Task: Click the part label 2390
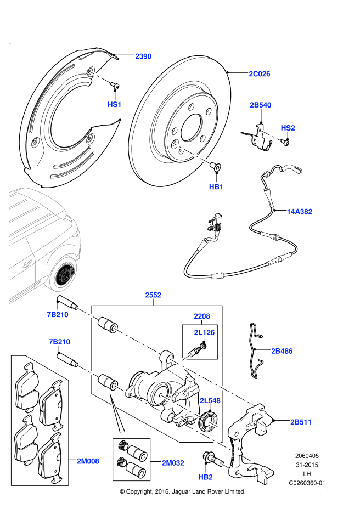[143, 56]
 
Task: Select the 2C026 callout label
[260, 74]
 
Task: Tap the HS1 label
[114, 104]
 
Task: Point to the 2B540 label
[261, 105]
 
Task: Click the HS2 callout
[288, 128]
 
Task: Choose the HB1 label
[216, 187]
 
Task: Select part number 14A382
[300, 212]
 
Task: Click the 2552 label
[153, 295]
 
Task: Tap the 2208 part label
[202, 316]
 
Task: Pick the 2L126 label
[204, 332]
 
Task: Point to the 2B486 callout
[282, 351]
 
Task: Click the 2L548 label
[210, 401]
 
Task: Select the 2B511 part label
[301, 422]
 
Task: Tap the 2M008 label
[88, 461]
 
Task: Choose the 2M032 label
[173, 463]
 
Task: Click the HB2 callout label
[205, 477]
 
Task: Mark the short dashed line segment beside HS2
[270, 135]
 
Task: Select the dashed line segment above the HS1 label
[100, 77]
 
